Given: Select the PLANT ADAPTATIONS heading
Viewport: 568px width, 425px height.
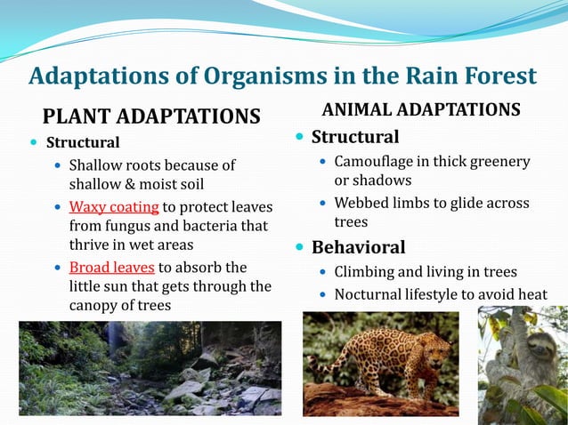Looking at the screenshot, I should point(151,116).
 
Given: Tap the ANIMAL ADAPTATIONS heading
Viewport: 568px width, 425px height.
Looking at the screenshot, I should point(421,109).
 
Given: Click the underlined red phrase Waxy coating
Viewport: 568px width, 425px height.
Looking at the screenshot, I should point(114,207).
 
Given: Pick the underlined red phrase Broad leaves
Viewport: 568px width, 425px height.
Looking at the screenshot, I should point(111,267).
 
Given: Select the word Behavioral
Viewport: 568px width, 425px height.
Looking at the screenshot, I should point(358,247).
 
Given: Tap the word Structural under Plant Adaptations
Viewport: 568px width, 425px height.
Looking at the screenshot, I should point(83,142).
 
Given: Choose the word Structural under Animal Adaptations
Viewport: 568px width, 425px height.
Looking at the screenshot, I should point(354,138).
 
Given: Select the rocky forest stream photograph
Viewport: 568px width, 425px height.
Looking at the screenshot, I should point(150,368).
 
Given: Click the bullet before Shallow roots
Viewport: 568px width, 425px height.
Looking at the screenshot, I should point(58,165).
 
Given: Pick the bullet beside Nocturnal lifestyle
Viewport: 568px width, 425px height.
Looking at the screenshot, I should point(322,294).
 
